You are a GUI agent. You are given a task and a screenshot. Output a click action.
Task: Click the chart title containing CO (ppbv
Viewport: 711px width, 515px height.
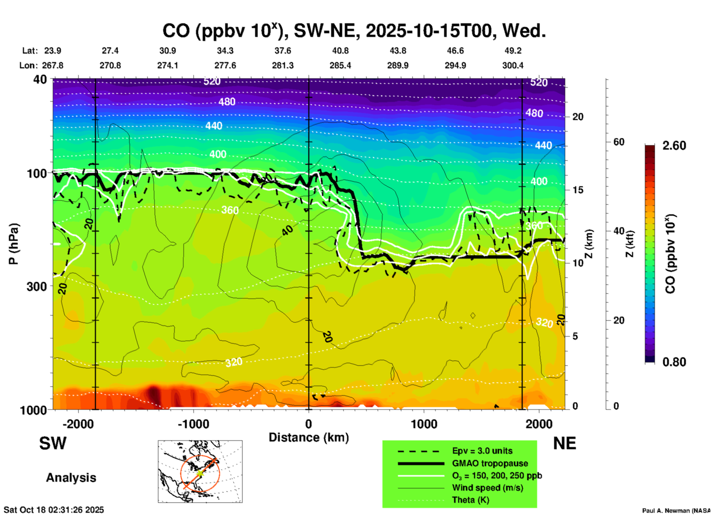(354, 31)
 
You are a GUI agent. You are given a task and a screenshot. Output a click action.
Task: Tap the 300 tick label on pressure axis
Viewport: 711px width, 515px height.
(37, 286)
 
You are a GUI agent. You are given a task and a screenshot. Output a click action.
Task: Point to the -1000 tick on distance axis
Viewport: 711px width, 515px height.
(193, 424)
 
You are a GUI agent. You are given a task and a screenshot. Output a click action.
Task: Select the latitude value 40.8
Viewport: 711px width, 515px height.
(340, 51)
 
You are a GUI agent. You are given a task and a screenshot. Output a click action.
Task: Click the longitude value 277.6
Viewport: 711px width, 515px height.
(225, 65)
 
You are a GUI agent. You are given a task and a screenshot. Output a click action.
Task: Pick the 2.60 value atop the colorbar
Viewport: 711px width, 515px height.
(674, 146)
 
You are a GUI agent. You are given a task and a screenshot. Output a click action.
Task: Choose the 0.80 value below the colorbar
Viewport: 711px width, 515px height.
(674, 362)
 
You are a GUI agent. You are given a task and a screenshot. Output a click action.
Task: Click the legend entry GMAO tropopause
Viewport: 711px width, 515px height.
(490, 463)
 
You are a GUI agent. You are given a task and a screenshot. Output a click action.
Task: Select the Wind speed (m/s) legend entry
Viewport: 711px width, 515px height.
(487, 488)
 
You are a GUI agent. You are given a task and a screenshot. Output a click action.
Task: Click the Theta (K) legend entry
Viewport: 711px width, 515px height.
(471, 500)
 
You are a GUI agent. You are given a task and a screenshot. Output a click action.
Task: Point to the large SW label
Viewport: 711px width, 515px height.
(53, 443)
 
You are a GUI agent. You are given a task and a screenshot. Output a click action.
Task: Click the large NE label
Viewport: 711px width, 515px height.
(564, 443)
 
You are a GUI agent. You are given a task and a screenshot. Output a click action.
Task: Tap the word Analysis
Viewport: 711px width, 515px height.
(71, 478)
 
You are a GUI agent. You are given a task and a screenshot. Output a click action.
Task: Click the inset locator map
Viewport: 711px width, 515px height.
(200, 471)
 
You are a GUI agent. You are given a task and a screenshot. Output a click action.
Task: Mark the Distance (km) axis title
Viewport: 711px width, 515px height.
(309, 437)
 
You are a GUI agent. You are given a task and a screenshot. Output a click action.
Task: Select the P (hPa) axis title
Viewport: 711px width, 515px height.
(14, 244)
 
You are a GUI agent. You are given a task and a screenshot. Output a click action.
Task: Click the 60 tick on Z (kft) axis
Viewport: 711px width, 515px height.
(619, 142)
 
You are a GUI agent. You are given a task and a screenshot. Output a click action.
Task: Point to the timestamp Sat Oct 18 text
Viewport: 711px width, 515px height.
(54, 510)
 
